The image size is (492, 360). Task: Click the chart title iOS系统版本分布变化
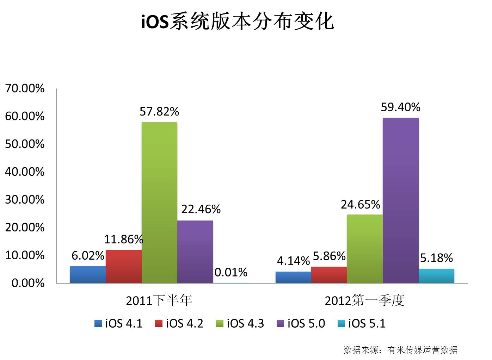pyautogui.click(x=237, y=22)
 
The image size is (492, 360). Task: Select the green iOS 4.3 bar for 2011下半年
pyautogui.click(x=159, y=203)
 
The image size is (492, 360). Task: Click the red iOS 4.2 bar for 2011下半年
pyautogui.click(x=123, y=266)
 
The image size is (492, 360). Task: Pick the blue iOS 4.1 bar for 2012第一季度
pyautogui.click(x=293, y=277)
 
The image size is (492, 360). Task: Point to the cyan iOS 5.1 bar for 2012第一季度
pyautogui.click(x=436, y=276)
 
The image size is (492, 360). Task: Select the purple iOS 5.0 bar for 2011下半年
pyautogui.click(x=195, y=252)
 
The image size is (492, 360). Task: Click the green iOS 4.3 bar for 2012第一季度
pyautogui.click(x=365, y=248)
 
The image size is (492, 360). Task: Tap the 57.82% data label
pyautogui.click(x=159, y=112)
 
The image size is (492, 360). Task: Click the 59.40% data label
pyautogui.click(x=400, y=107)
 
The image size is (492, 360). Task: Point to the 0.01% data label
pyautogui.click(x=231, y=272)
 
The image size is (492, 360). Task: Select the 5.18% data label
pyautogui.click(x=436, y=258)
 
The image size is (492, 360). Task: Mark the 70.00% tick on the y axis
pyautogui.click(x=25, y=88)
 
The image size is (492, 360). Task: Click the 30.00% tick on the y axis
pyautogui.click(x=25, y=200)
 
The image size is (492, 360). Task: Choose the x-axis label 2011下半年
pyautogui.click(x=159, y=300)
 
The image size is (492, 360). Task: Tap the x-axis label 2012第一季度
pyautogui.click(x=364, y=300)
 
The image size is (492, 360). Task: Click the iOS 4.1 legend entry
pyautogui.click(x=118, y=323)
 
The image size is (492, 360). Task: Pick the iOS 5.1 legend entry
pyautogui.click(x=362, y=323)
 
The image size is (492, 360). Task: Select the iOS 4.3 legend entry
pyautogui.click(x=240, y=323)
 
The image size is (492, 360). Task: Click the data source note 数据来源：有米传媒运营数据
pyautogui.click(x=400, y=350)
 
